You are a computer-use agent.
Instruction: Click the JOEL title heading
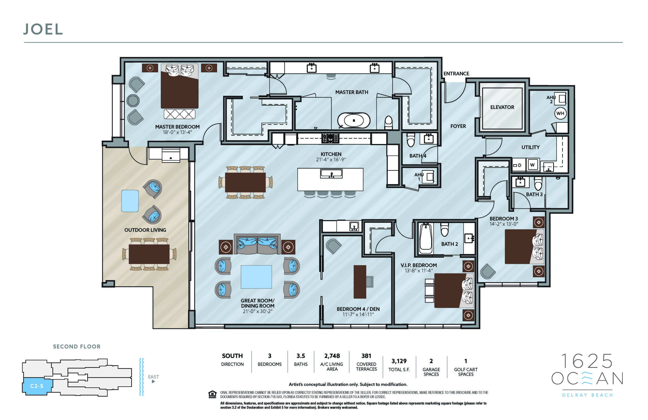coord(43,29)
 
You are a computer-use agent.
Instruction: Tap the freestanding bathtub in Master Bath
coord(354,120)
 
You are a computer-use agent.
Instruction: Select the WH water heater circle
coord(560,113)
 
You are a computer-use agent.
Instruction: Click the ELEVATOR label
coord(502,107)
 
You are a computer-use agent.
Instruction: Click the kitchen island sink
coord(331,174)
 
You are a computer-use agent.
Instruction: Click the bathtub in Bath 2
coord(426,239)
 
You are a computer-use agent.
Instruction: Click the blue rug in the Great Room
coord(256,277)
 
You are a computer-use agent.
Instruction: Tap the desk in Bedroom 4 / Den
coord(360,282)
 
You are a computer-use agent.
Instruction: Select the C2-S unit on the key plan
coord(37,386)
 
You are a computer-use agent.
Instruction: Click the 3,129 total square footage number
coord(399,361)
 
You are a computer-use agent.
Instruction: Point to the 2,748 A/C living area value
coord(332,356)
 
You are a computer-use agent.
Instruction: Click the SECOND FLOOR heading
coord(77,347)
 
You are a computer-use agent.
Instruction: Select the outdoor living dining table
coord(149,254)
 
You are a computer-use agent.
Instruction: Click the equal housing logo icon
coord(212,394)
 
